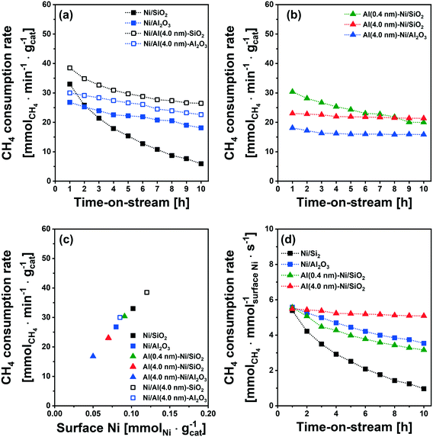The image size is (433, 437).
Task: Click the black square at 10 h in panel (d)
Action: (423, 388)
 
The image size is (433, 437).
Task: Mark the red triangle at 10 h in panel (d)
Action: (423, 315)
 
